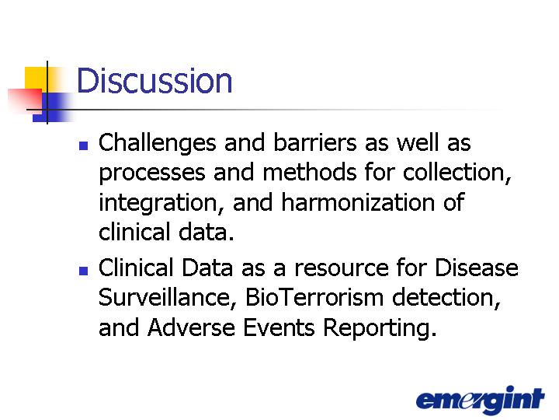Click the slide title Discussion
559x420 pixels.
155,81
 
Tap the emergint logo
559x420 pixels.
480,400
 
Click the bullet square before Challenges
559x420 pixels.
83,145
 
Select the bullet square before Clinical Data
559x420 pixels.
83,271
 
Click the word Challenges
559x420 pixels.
157,144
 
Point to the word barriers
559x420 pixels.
314,142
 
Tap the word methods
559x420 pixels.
310,172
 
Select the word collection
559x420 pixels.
457,173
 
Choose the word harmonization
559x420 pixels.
358,202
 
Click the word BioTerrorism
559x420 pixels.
314,297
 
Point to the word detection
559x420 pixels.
446,298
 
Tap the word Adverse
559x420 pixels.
191,327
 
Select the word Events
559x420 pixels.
279,327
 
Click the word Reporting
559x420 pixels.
380,329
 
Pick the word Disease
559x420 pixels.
477,268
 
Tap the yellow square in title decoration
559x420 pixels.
36,79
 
